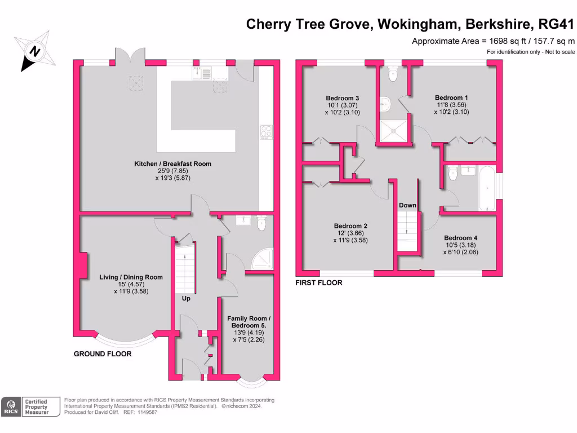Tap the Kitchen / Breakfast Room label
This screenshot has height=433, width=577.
pyautogui.click(x=172, y=164)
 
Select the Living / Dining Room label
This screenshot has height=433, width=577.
pyautogui.click(x=131, y=277)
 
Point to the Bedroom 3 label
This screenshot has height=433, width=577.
pyautogui.click(x=342, y=98)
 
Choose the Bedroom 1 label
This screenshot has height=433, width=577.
pyautogui.click(x=451, y=98)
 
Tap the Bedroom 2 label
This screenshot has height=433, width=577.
pyautogui.click(x=350, y=226)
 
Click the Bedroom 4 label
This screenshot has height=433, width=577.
pyautogui.click(x=460, y=238)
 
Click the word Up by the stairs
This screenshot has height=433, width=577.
pyautogui.click(x=185, y=298)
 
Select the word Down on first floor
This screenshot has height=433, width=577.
pyautogui.click(x=407, y=205)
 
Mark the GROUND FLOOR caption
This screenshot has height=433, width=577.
pyautogui.click(x=103, y=354)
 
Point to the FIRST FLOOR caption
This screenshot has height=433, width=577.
pyautogui.click(x=319, y=282)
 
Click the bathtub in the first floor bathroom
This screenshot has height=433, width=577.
pyautogui.click(x=487, y=188)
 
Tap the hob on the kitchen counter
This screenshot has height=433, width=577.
pyautogui.click(x=266, y=132)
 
